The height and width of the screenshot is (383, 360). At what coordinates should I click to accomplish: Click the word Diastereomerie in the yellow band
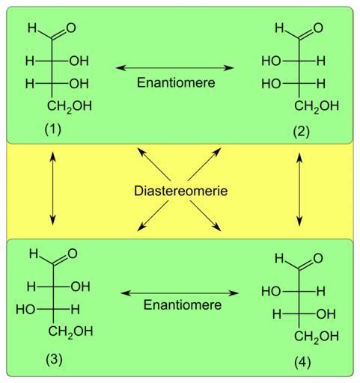(x=180, y=191)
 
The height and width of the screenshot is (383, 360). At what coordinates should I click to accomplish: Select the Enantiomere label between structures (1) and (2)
(x=176, y=82)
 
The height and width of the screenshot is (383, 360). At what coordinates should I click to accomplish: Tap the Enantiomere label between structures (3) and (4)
(x=183, y=304)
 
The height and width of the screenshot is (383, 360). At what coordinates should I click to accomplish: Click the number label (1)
(x=53, y=129)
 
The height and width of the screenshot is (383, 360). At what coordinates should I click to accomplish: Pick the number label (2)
(x=302, y=132)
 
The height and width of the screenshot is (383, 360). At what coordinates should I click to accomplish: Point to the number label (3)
(x=54, y=359)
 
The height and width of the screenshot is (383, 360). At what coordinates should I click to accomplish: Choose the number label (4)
(x=302, y=363)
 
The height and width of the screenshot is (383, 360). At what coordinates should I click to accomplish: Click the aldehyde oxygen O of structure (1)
(x=71, y=28)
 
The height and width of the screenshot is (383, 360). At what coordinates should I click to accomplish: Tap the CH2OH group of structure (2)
(x=317, y=106)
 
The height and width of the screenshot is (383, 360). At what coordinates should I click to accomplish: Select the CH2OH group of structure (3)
(x=70, y=331)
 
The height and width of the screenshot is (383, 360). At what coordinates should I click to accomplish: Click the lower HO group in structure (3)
(x=25, y=310)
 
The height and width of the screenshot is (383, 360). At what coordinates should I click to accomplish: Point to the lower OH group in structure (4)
(x=326, y=314)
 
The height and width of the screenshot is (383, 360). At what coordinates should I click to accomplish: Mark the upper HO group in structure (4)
(x=271, y=292)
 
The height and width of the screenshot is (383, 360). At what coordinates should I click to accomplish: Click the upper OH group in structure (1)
(x=79, y=61)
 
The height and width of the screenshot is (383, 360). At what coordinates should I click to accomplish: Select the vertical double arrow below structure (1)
(x=52, y=189)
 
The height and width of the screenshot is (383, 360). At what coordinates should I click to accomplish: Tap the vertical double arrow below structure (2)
(x=299, y=189)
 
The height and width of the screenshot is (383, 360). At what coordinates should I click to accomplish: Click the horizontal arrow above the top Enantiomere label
(x=175, y=67)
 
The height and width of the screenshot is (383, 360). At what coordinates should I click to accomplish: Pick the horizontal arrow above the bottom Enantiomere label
(x=180, y=293)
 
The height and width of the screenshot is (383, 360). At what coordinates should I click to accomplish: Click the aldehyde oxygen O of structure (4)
(x=318, y=258)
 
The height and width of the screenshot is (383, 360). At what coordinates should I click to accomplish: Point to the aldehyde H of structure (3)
(x=34, y=254)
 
